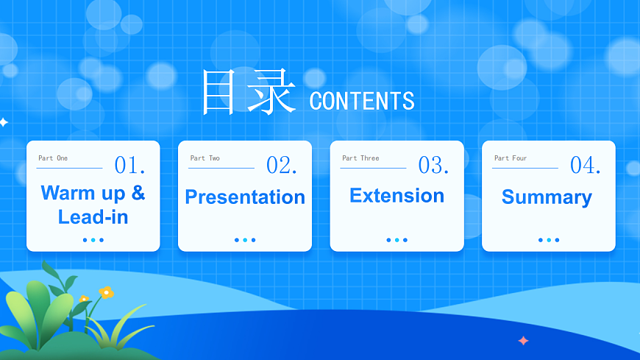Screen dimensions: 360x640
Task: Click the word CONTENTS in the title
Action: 361,101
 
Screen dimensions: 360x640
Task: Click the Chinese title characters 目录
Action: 249,93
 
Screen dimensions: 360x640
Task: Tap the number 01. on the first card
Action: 129,165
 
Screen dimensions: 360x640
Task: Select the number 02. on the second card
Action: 282,165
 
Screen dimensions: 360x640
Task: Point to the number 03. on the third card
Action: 433,165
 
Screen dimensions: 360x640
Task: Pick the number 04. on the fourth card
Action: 586,165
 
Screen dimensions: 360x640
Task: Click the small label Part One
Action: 53,158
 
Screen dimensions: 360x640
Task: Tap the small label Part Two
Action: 205,158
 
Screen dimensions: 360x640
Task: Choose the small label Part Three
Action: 360,158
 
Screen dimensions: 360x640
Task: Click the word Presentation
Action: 245,197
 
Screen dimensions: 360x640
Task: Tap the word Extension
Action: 397,196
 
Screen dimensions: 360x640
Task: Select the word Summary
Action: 547,197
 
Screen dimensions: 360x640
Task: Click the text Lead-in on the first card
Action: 93,216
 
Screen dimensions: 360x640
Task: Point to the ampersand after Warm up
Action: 138,193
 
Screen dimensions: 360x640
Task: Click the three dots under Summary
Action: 549,240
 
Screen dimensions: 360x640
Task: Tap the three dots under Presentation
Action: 245,240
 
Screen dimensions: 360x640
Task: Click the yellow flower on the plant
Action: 107,292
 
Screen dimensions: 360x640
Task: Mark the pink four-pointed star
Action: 523,340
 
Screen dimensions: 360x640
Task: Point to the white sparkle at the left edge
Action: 3,122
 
